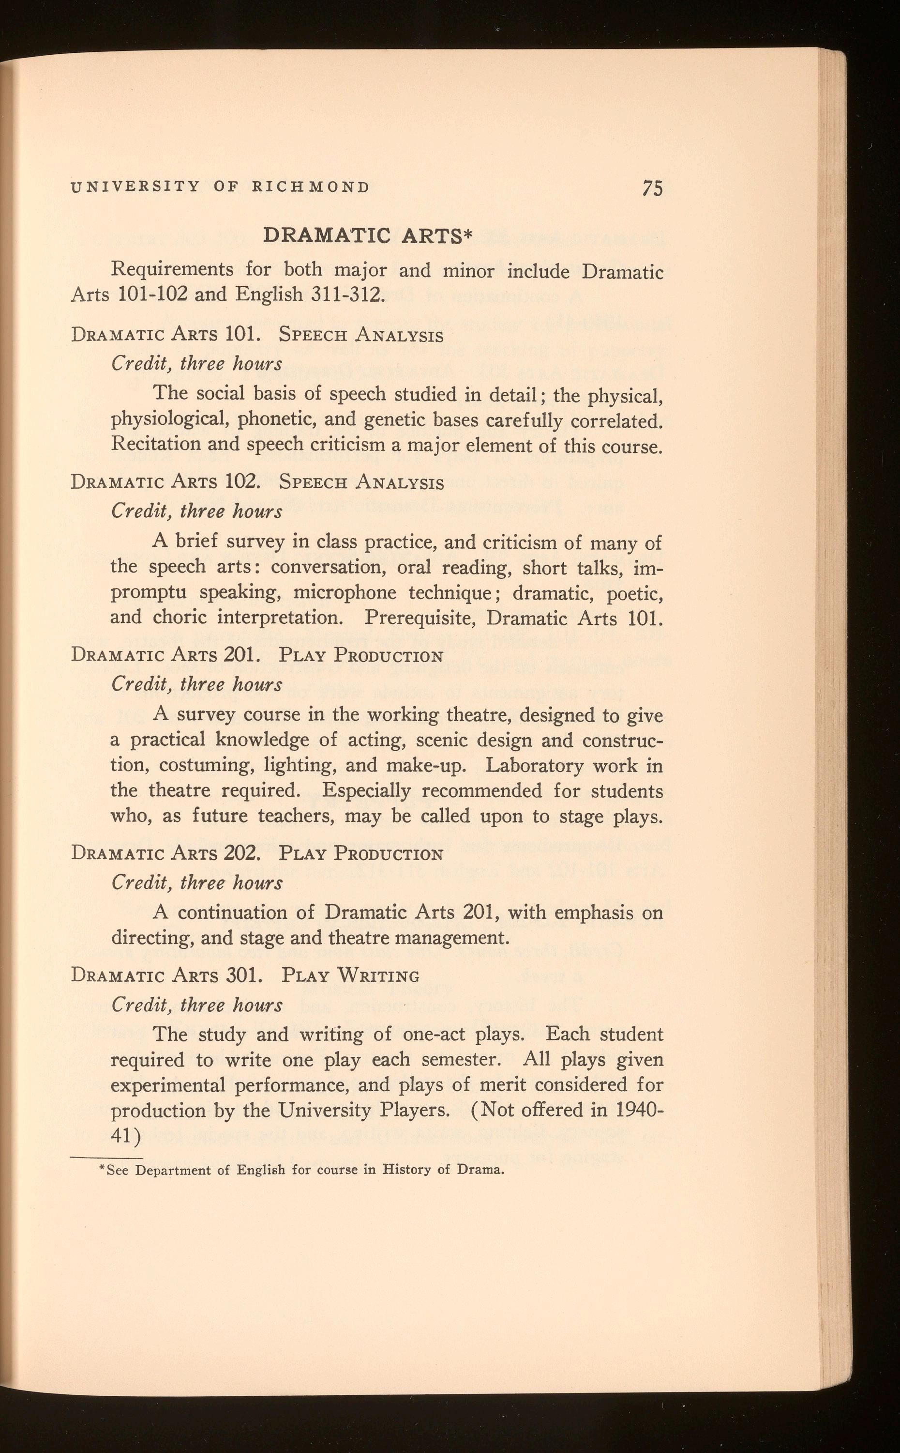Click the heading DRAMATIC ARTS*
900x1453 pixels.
[x=367, y=235]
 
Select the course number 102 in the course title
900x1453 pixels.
[x=243, y=481]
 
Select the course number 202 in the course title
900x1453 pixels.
[x=243, y=853]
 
